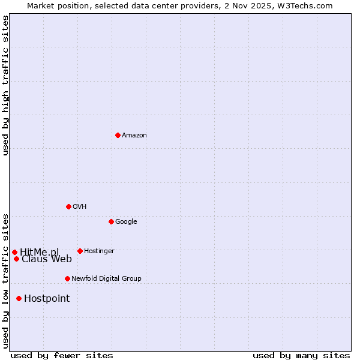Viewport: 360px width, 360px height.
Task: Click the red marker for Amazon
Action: click(x=118, y=135)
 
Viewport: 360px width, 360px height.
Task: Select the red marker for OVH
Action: click(x=68, y=206)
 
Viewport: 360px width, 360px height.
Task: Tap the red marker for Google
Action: click(x=111, y=221)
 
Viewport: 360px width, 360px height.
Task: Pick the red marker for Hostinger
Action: click(x=80, y=251)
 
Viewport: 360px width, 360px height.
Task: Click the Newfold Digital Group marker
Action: click(x=67, y=278)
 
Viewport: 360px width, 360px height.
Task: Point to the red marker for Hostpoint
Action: click(x=19, y=298)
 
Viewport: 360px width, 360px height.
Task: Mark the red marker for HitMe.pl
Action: click(x=14, y=252)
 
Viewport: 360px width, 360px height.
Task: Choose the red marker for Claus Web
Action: click(x=16, y=259)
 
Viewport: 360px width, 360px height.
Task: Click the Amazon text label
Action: click(x=134, y=135)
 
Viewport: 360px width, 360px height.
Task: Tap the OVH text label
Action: click(x=80, y=206)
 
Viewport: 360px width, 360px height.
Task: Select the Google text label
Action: click(x=126, y=221)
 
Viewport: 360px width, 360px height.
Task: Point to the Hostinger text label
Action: click(x=99, y=251)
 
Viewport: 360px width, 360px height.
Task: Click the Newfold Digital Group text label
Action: click(x=106, y=278)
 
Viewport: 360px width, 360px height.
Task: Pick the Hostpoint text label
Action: click(x=47, y=298)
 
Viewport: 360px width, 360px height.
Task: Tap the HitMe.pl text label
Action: click(x=40, y=252)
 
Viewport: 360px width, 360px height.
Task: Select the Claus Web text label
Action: click(x=47, y=259)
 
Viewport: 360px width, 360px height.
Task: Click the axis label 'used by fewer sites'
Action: click(x=62, y=355)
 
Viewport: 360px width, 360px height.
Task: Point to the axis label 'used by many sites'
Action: click(x=301, y=355)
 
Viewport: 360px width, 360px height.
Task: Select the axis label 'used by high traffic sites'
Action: click(x=5, y=85)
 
